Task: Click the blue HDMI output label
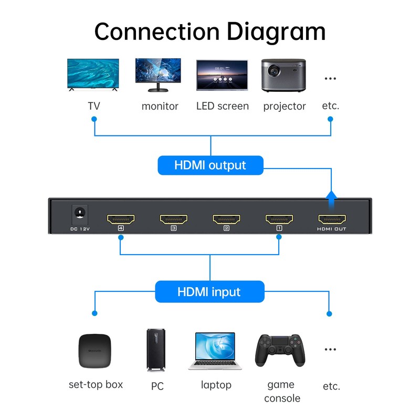210,165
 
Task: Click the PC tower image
156,350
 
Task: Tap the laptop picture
215,351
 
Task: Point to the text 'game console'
281,392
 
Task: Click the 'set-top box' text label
96,384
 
